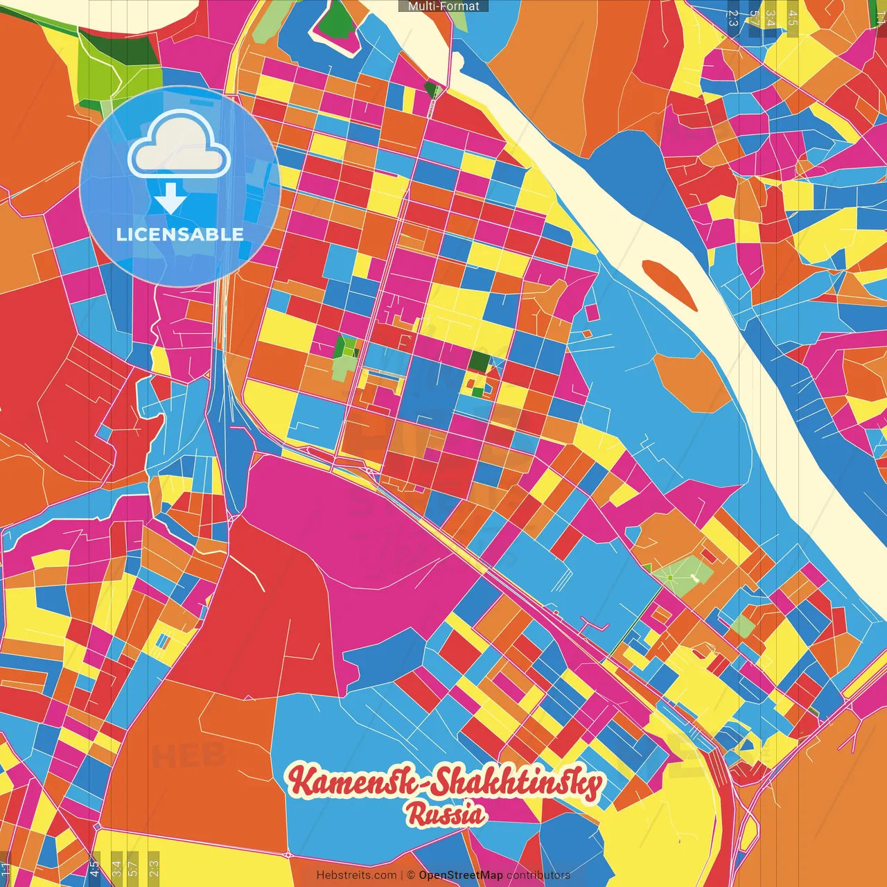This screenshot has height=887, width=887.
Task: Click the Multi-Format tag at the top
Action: [443, 6]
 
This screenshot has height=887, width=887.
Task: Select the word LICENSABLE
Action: [180, 234]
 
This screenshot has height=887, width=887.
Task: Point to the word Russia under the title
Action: [446, 815]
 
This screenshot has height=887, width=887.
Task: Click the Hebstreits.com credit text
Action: [356, 875]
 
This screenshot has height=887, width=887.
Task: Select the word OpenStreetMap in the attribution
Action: [460, 875]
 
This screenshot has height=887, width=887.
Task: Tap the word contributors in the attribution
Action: [538, 875]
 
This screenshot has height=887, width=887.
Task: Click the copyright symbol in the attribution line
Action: [411, 875]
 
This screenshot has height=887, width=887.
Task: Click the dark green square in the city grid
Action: [479, 361]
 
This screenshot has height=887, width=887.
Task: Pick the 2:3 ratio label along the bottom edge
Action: [154, 868]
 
